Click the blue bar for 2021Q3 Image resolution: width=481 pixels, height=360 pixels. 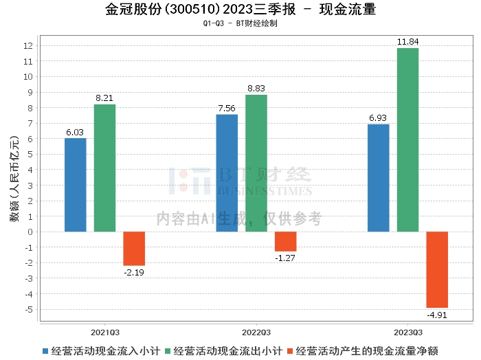coord(76,185)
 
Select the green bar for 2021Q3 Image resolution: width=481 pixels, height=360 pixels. coord(104,168)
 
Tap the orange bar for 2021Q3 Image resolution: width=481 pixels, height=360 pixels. coord(134,248)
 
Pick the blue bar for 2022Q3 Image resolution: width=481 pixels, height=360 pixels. coord(227,172)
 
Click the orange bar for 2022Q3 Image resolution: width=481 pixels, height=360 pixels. coord(285,241)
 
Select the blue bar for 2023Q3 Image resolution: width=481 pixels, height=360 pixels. coord(378,177)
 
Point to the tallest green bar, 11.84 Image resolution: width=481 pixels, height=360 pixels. coord(407,139)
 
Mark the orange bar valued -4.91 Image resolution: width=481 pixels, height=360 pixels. coord(436,269)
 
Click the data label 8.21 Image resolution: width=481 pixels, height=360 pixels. coord(104,98)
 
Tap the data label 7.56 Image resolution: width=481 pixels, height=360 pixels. coord(227,108)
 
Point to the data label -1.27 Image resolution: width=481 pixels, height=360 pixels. coord(285,258)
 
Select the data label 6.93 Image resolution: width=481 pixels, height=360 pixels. coord(378,118)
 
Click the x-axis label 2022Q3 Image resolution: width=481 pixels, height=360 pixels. coord(256,330)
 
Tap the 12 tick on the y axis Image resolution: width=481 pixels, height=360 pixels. coord(29,45)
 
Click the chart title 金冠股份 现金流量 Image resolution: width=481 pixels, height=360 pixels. coord(240,10)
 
